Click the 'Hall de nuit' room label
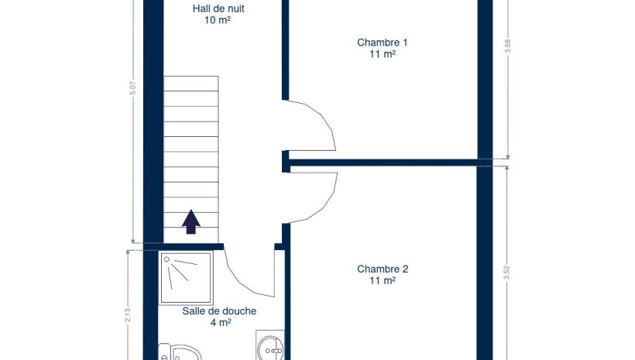pos(218,9)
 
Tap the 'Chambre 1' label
pos(383,43)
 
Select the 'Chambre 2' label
pos(383,269)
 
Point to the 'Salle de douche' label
pos(219,311)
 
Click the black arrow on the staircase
pos(190,222)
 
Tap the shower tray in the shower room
pos(186,277)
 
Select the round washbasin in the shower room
pos(270,348)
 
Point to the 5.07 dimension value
pos(133,88)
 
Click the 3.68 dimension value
pos(507,46)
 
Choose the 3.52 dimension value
pos(506,273)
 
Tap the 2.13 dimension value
pos(128,316)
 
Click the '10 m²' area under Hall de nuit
pos(218,19)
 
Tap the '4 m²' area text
pos(221,322)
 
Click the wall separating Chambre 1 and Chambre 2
pos(383,163)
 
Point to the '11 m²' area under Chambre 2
pos(383,279)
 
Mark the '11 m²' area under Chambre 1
pos(383,53)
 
